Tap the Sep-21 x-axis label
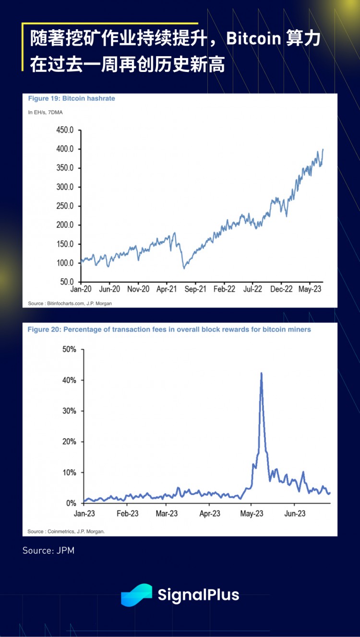click(195, 290)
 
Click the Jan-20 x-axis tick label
click(81, 290)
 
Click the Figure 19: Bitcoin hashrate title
click(72, 98)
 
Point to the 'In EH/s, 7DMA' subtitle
click(45, 112)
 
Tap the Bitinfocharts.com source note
click(70, 303)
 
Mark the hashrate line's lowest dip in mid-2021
click(184, 268)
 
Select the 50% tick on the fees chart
click(69, 349)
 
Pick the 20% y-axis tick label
click(69, 442)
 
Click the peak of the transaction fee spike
click(261, 373)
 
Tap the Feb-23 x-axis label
click(127, 514)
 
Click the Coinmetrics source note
click(66, 531)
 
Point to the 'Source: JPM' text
click(48, 551)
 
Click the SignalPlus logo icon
click(136, 595)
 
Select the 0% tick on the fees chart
click(71, 503)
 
